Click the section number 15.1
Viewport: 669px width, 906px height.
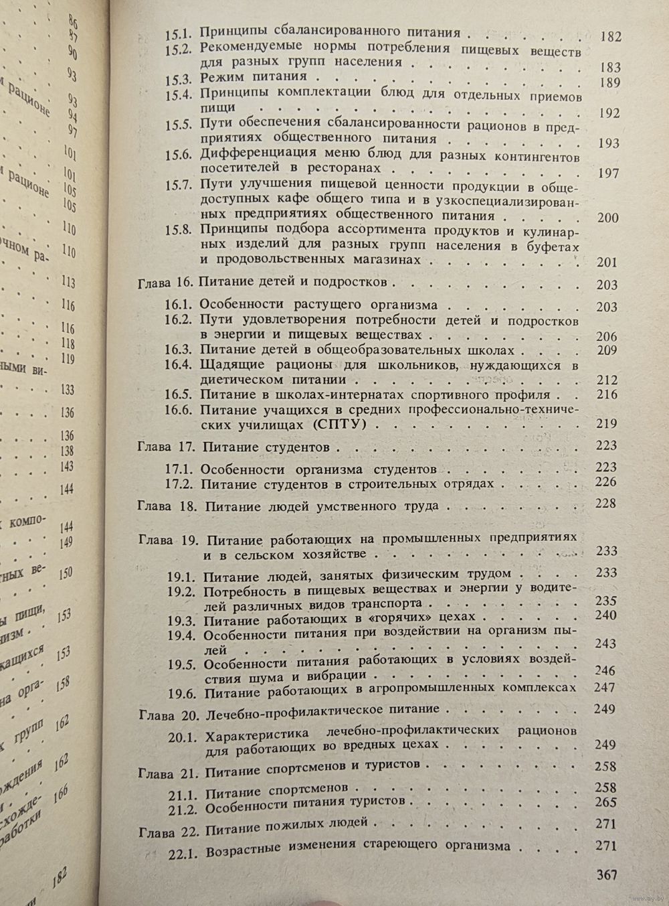click(x=179, y=32)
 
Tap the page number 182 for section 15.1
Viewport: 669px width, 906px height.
click(x=611, y=36)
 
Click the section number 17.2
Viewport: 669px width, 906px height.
click(x=180, y=483)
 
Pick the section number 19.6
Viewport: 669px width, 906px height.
click(x=180, y=690)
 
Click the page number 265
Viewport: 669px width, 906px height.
click(x=606, y=803)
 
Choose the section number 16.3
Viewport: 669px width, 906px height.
click(x=179, y=350)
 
